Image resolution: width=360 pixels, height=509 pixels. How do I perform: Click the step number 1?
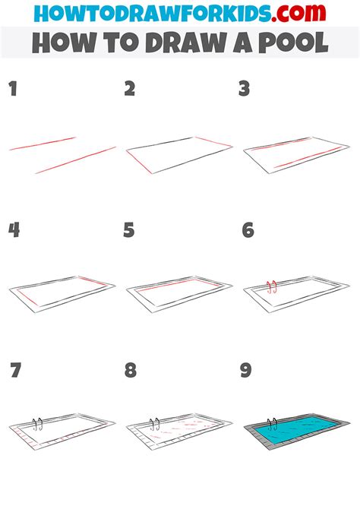pos(12,90)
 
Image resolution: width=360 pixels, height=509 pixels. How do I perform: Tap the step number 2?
pos(130,90)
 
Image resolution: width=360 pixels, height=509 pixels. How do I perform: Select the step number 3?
pos(245,90)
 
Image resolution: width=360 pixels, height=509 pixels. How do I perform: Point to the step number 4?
pos(14,230)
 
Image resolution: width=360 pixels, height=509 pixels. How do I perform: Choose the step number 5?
pos(130,230)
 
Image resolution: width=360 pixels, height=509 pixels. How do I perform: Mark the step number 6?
pos(247,230)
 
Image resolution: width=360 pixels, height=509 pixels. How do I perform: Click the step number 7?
pos(14,371)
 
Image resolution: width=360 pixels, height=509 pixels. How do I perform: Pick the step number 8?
pos(131,371)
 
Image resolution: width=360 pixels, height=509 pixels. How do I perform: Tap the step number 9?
pos(245,371)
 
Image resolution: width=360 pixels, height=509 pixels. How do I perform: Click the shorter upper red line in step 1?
pos(43,144)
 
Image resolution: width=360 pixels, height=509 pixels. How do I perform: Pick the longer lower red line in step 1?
pos(75,160)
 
